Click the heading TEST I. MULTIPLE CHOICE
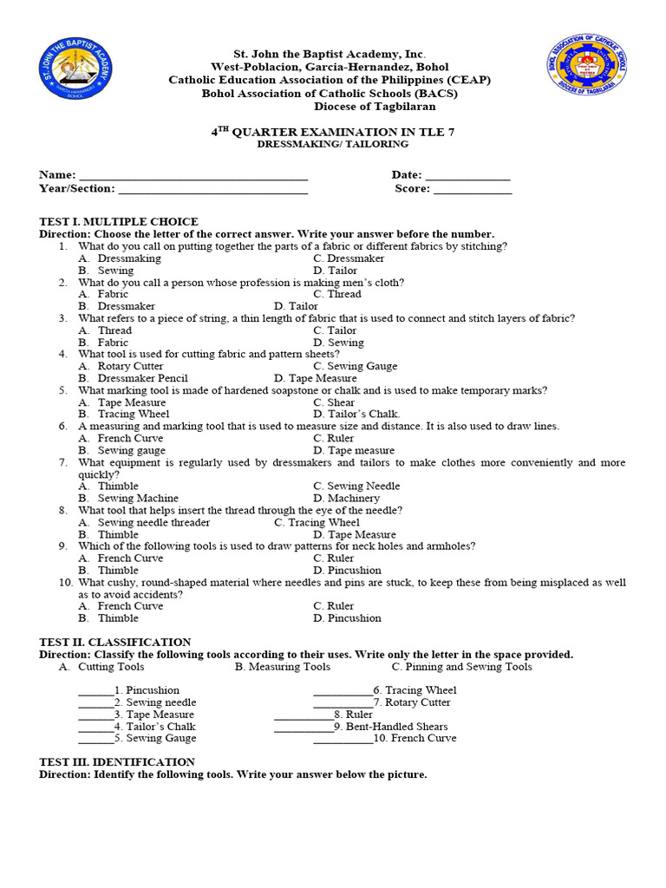click(x=119, y=222)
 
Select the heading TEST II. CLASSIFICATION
click(x=115, y=643)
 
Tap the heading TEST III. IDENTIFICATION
click(x=117, y=762)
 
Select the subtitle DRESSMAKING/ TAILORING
click(x=333, y=145)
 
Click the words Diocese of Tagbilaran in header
click(x=375, y=107)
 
